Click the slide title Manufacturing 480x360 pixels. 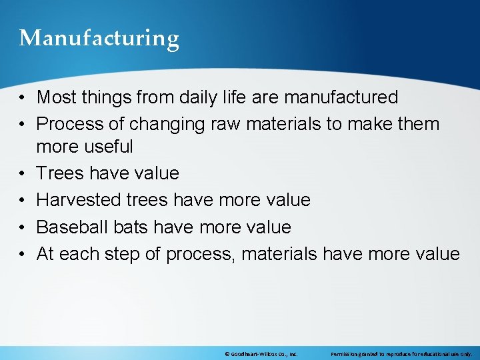(99, 38)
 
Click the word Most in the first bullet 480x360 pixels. (56, 97)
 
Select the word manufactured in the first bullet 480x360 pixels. (341, 97)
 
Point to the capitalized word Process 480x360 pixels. (67, 124)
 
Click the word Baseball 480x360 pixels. (69, 227)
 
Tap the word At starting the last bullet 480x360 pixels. (45, 254)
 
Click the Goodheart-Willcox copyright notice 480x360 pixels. (261, 353)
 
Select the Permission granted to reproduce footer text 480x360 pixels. (401, 353)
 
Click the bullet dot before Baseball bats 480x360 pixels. (23, 227)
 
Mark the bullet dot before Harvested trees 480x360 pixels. (23, 201)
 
